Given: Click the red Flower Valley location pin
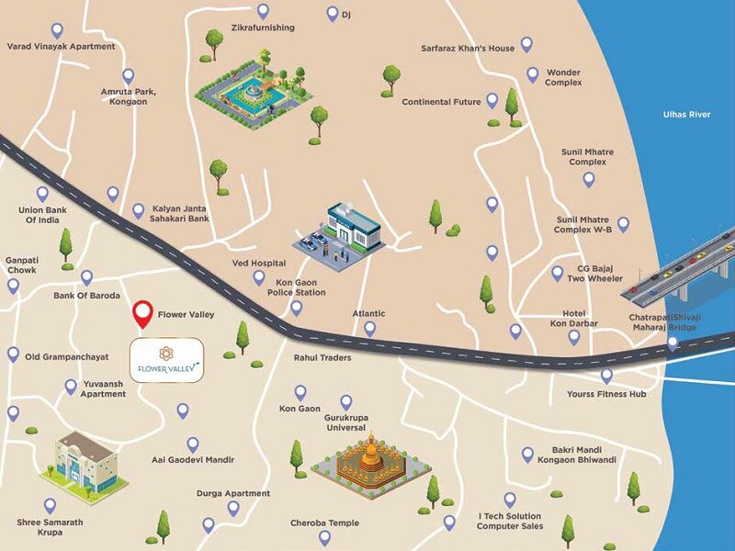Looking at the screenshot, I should [142, 314].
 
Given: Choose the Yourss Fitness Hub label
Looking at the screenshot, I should [606, 394].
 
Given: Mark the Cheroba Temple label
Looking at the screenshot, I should [324, 523].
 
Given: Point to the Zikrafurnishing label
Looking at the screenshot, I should [263, 28].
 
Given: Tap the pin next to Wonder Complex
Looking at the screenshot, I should [532, 74].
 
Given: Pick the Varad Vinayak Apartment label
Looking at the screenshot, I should [61, 46].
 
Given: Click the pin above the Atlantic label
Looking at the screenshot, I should [369, 328].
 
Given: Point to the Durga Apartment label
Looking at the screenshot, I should [233, 493].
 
